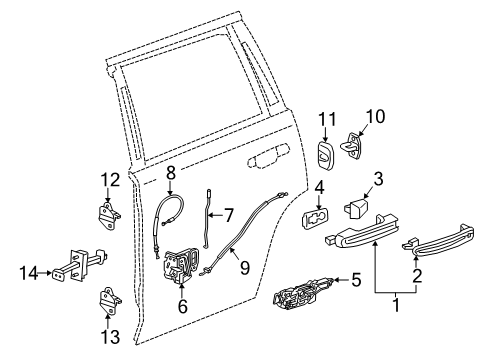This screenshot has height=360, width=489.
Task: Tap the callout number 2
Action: pyautogui.click(x=417, y=298)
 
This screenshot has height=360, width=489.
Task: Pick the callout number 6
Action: pyautogui.click(x=182, y=308)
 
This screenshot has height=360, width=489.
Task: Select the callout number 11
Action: pyautogui.click(x=324, y=119)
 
